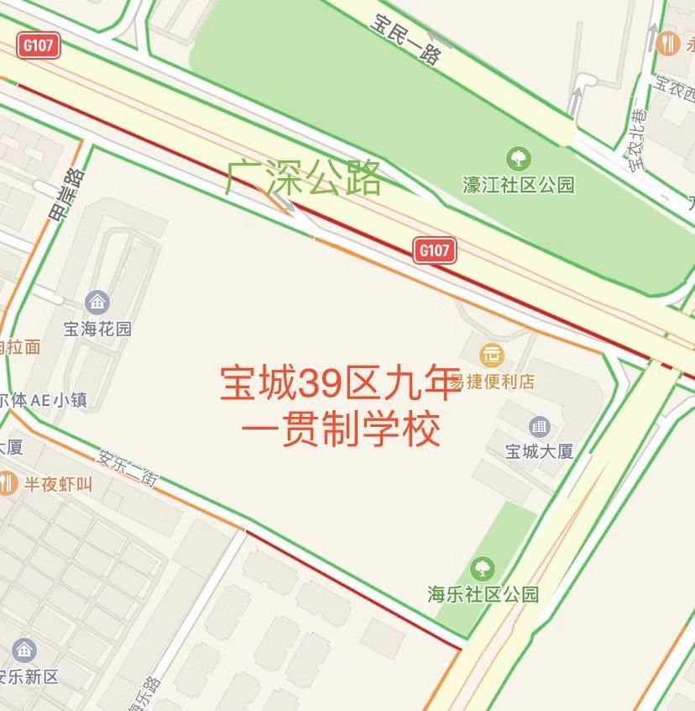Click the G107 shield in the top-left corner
pos(39,47)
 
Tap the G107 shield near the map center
pos(435,250)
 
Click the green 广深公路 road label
pos(304,178)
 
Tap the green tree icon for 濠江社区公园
pos(518,157)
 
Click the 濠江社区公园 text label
pos(519,184)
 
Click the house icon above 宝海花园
pos(97,301)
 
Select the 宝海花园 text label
pos(97,328)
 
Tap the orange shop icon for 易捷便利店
pos(492,355)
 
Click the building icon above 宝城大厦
pos(539,426)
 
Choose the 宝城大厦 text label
pos(539,451)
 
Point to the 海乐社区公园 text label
pos(482,594)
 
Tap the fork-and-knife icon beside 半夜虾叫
pos(8,483)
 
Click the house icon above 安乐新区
pos(24,650)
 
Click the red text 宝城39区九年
pos(340,384)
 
